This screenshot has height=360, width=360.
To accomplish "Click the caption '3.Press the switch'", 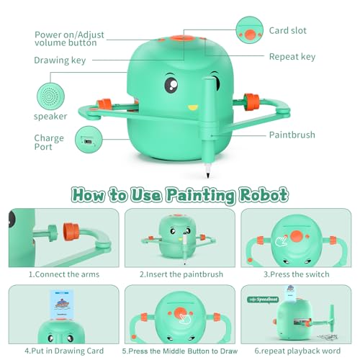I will click(297, 274).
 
